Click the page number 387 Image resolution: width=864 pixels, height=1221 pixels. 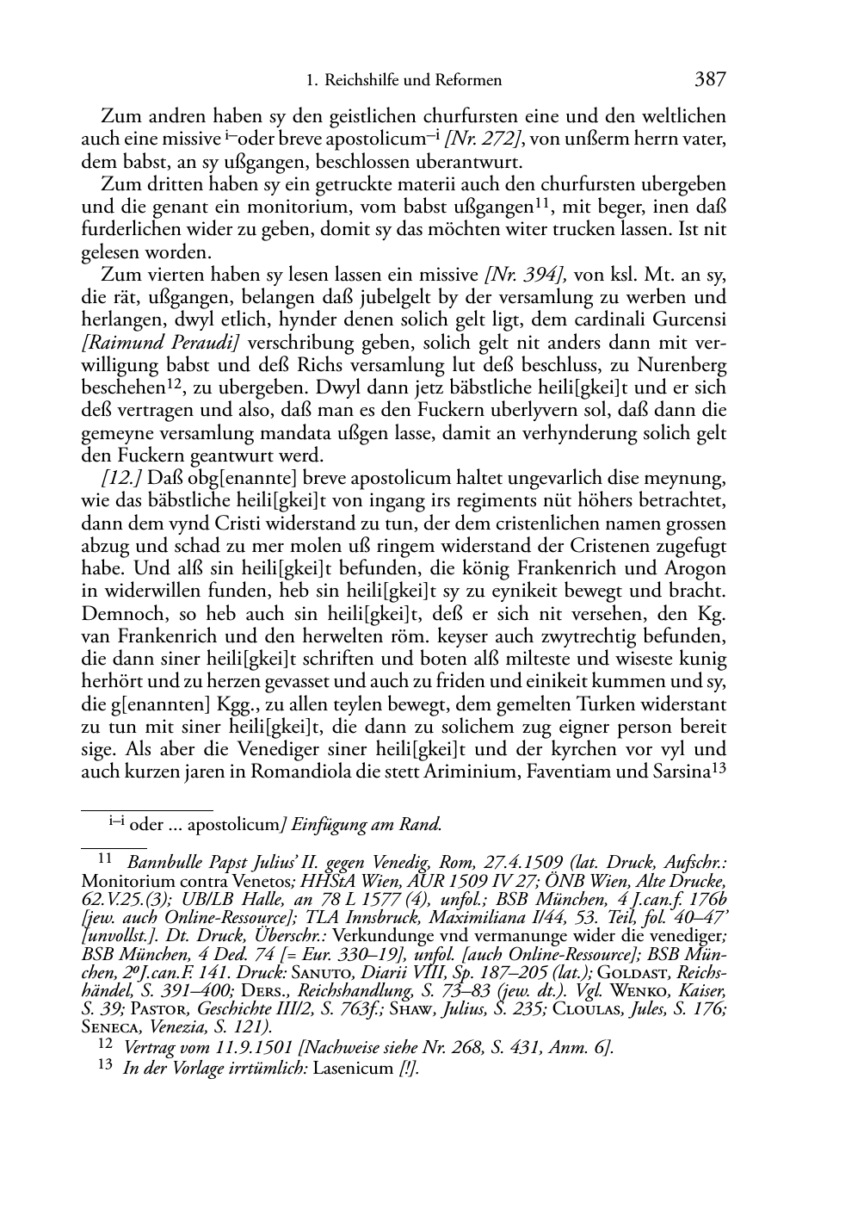(710, 80)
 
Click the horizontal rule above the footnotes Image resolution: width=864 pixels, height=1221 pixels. (146, 810)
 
